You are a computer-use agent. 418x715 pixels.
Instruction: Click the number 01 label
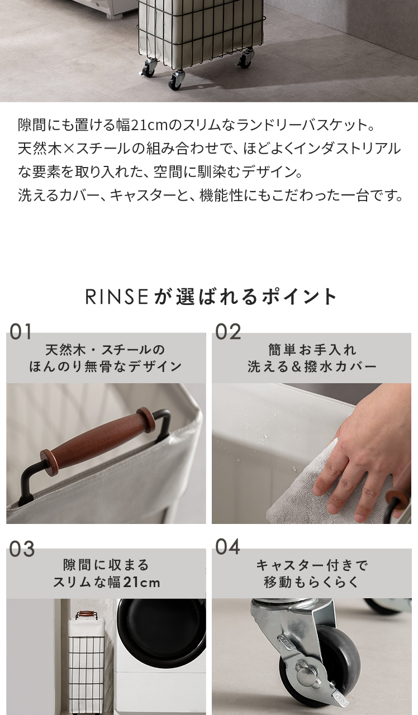pos(21,331)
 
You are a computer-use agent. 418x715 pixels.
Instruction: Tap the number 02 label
pos(227,331)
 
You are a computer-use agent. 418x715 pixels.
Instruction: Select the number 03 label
pos(21,549)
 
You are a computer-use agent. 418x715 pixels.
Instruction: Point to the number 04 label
pos(227,547)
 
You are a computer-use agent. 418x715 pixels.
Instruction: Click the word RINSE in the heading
pos(117,297)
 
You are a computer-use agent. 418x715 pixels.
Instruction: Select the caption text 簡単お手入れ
pos(312,350)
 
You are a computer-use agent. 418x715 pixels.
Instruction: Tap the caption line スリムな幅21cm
pos(106,582)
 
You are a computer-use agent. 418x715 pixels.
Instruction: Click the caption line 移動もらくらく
pos(312,582)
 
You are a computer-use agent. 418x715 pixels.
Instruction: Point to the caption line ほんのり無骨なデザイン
pos(106,366)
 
